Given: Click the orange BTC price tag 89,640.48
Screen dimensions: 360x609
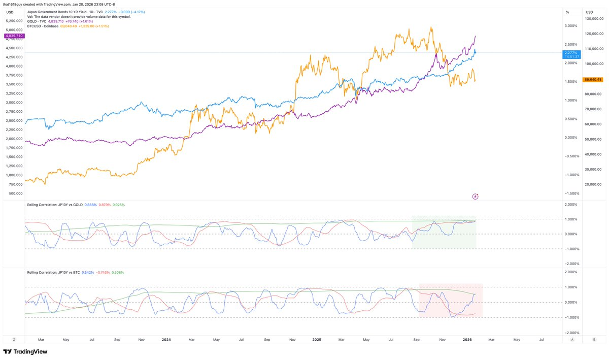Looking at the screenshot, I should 593,79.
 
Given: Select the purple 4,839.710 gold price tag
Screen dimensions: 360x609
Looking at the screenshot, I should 14,36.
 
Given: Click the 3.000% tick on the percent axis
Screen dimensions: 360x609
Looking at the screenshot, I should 571,26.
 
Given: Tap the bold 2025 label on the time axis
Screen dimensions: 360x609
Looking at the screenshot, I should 317,339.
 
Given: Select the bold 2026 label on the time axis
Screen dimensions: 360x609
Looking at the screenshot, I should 468,339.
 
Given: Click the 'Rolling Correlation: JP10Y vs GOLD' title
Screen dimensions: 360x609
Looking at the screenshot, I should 54,205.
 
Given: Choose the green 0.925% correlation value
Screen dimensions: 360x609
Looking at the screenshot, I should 118,205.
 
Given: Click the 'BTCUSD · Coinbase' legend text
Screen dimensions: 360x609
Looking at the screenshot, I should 43,26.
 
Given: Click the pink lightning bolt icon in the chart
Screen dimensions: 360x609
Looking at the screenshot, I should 476,196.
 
